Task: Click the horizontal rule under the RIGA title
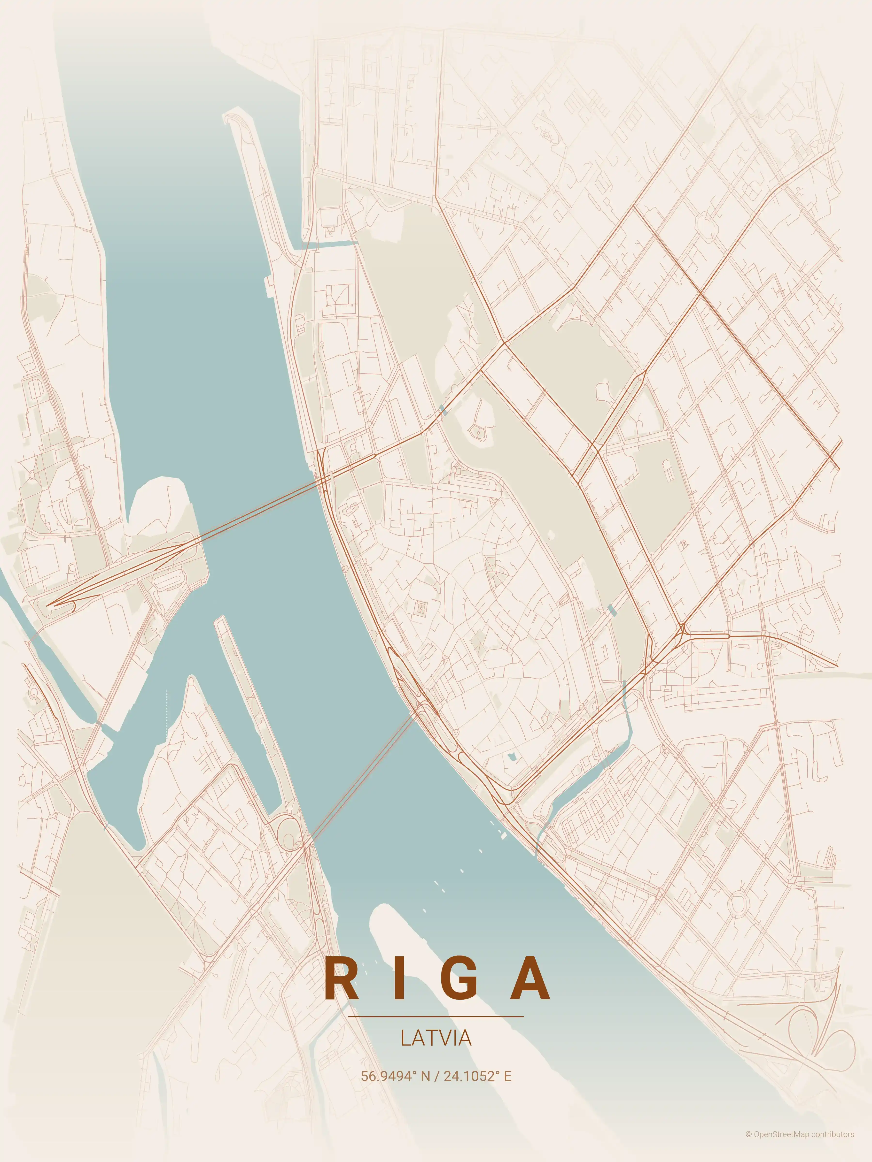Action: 436,1017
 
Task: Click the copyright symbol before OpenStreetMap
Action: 748,1145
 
